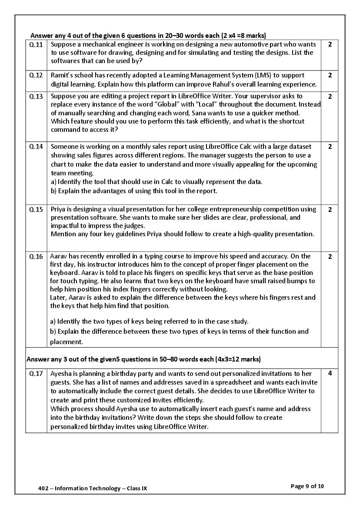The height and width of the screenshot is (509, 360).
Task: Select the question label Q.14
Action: [x=36, y=147]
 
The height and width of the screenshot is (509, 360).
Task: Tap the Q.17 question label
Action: [x=36, y=373]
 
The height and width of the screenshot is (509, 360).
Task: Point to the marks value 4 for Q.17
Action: [x=330, y=373]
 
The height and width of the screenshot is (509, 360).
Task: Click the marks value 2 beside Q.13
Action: [x=330, y=96]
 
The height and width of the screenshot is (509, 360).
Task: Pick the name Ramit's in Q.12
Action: [x=62, y=75]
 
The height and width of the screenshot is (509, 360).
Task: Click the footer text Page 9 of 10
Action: [x=307, y=486]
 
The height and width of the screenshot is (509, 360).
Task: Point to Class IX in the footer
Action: [x=139, y=488]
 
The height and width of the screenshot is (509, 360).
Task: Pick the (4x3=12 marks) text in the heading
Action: [x=238, y=359]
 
